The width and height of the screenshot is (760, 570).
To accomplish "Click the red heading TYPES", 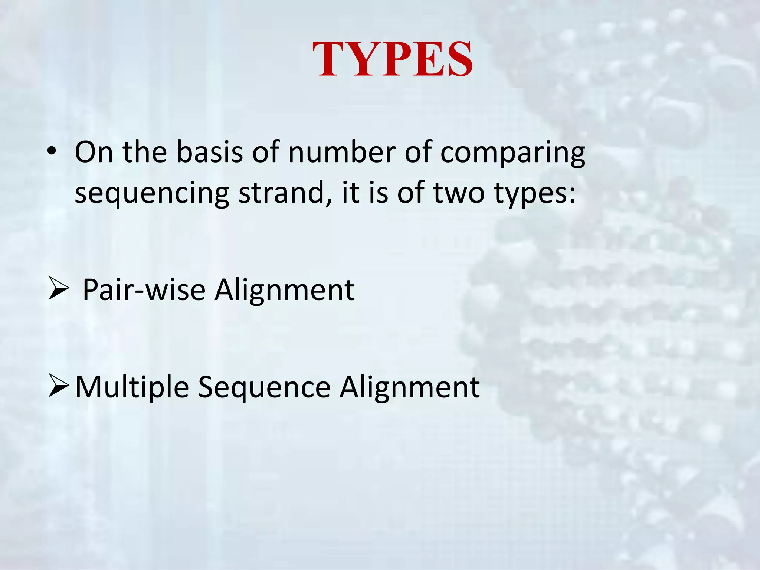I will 392,59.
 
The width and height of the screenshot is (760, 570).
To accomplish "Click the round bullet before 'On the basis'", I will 52,152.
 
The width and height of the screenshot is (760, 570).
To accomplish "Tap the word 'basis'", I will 210,152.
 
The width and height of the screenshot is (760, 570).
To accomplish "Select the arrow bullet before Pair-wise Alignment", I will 59,290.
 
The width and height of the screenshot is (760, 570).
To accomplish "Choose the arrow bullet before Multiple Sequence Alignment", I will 59,387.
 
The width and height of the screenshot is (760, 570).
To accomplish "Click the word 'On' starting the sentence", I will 94,152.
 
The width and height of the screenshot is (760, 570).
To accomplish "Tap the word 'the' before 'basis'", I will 145,152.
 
